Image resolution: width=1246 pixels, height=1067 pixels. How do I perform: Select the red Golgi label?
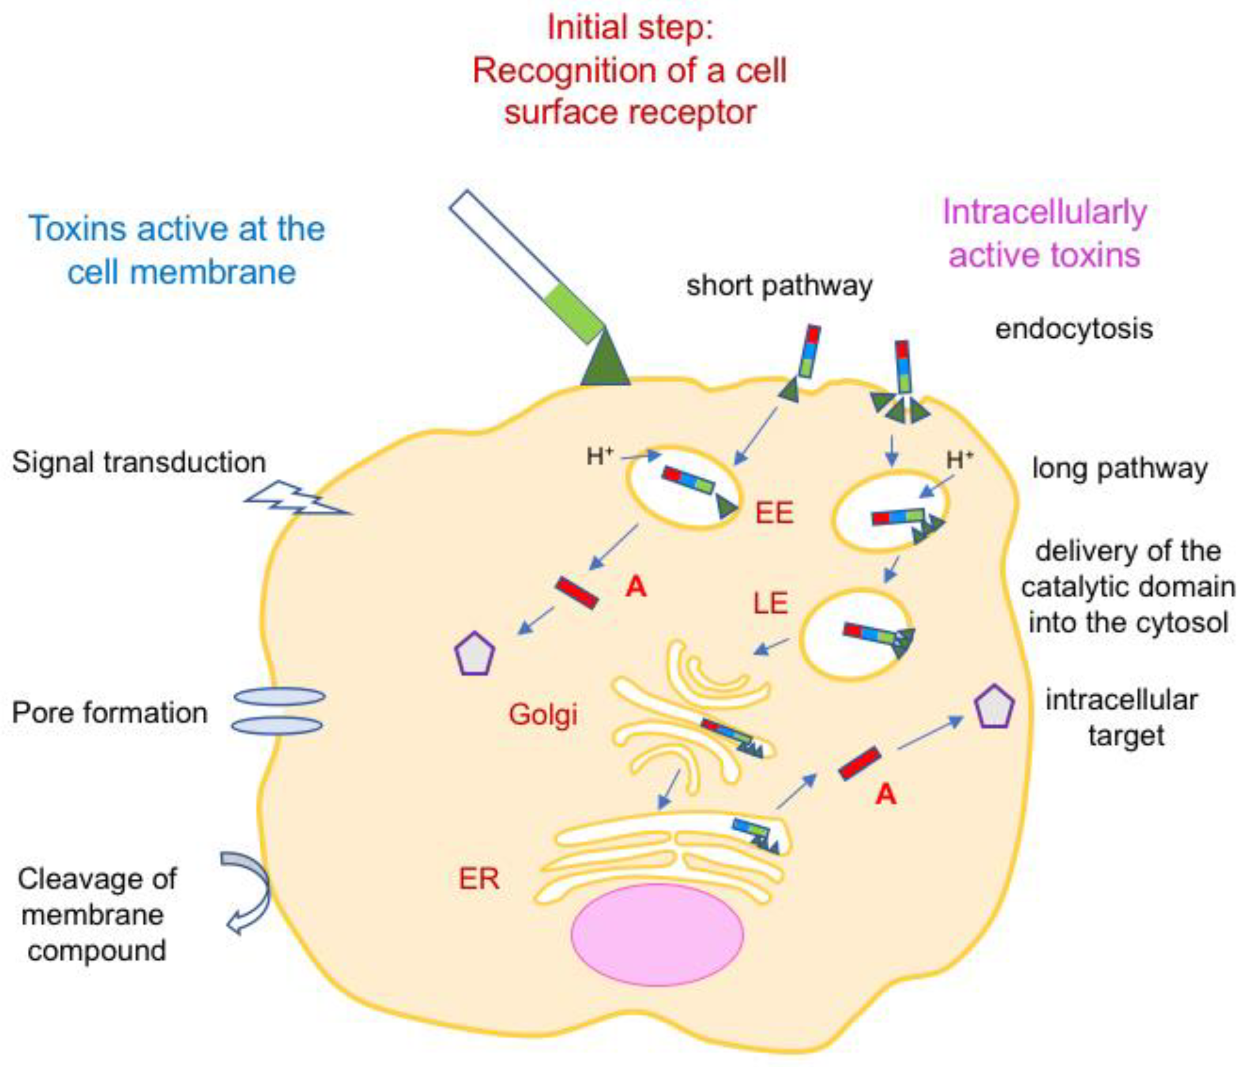coord(543,714)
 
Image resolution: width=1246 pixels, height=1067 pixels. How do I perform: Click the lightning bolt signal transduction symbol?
coord(296,499)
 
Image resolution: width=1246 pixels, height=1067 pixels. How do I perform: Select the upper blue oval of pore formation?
coord(279,697)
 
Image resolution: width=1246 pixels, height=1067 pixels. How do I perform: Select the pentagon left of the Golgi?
coord(474,654)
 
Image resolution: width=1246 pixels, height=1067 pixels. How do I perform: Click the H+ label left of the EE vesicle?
coord(599,456)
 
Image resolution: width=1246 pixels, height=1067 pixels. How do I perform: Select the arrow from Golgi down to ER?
coord(669,789)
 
